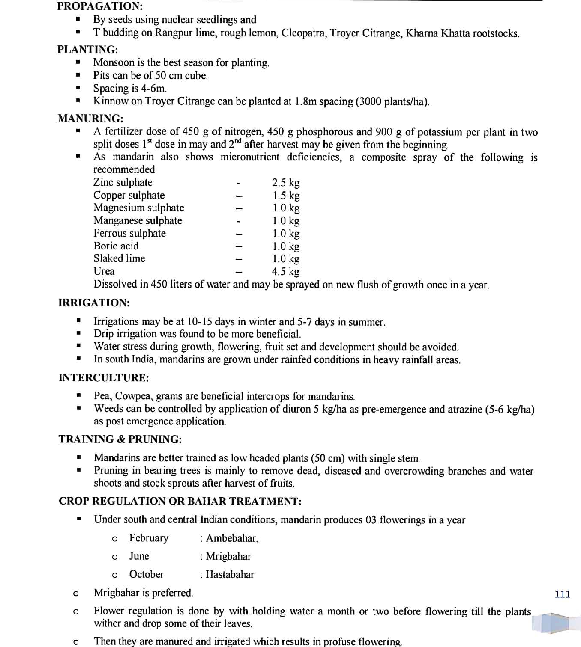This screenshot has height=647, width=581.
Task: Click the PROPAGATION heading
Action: [100, 6]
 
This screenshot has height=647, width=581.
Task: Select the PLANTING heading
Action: [88, 50]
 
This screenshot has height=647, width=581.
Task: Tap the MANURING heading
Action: [90, 118]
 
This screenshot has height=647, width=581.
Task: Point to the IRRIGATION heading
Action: [94, 303]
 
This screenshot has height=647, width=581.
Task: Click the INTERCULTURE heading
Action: [104, 377]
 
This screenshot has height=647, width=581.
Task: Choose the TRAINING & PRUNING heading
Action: [120, 439]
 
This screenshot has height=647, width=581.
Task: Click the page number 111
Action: [562, 594]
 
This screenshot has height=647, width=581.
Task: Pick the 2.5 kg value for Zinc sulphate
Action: [286, 183]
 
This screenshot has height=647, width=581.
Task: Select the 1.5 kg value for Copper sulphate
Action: [286, 196]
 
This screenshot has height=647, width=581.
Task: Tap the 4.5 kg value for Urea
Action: [286, 271]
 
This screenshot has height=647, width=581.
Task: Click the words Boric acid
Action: [116, 246]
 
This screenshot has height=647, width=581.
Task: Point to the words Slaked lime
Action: [119, 258]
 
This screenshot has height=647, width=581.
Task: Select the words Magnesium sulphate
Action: [139, 208]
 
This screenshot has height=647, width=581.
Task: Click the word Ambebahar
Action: [232, 538]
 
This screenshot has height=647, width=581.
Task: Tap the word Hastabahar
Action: [230, 574]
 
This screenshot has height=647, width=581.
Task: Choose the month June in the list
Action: [139, 556]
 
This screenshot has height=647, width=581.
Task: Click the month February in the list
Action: [149, 538]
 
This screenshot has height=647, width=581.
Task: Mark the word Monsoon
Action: [114, 62]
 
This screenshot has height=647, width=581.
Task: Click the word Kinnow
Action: [111, 101]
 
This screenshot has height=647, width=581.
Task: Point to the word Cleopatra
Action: [302, 33]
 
